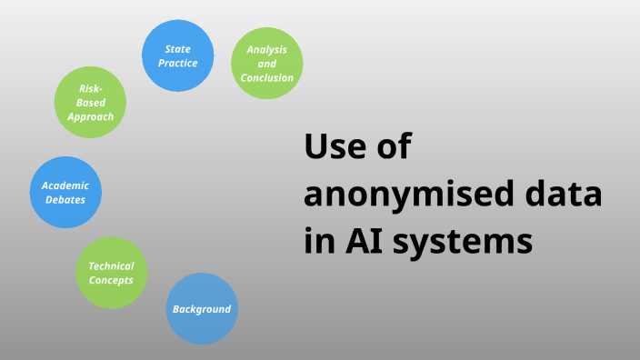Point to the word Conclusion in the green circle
[x=267, y=78]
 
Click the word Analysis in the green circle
[x=267, y=49]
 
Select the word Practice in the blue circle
[x=178, y=63]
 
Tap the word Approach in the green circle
[x=90, y=116]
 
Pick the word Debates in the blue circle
[x=65, y=200]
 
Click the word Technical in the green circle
[x=111, y=266]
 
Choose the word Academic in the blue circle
[x=65, y=185]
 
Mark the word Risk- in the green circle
[x=90, y=88]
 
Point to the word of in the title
[x=395, y=147]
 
